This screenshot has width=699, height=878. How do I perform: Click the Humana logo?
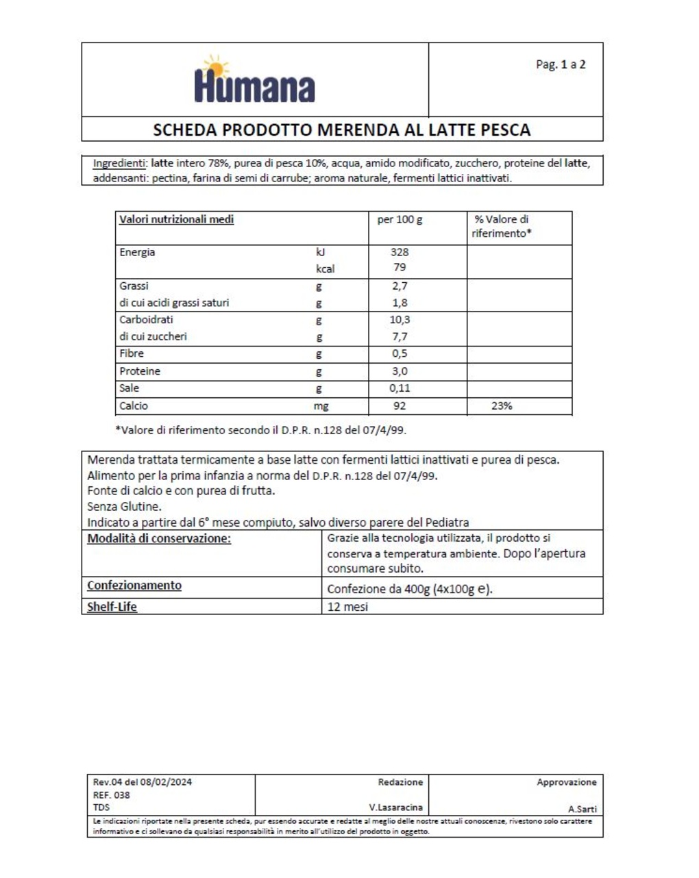click(254, 81)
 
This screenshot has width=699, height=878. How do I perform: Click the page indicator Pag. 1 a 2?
click(560, 64)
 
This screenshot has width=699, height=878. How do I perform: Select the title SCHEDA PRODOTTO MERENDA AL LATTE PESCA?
click(341, 129)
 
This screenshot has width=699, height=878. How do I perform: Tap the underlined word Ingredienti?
click(119, 163)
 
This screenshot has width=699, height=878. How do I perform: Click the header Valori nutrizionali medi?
click(176, 219)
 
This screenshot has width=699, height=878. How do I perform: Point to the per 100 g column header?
click(400, 219)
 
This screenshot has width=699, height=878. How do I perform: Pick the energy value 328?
click(400, 252)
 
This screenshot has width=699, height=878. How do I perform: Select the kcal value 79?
click(400, 267)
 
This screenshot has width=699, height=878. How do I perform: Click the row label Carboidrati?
click(146, 320)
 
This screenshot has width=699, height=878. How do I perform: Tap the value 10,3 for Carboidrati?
click(400, 320)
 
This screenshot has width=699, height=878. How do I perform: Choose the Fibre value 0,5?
click(400, 353)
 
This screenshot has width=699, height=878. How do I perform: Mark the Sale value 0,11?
click(400, 388)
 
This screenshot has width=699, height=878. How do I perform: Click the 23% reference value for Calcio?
click(502, 406)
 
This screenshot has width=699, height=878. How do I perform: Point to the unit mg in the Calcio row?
click(321, 406)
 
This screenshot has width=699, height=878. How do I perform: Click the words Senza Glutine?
click(124, 507)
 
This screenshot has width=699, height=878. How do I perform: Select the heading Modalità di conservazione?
click(159, 538)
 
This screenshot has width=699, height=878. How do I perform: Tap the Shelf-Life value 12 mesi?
click(347, 607)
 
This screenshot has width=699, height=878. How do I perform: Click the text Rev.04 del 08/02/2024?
click(143, 782)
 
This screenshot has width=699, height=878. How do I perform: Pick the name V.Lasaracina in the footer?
click(395, 807)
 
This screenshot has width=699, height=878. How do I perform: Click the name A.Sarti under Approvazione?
click(582, 809)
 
